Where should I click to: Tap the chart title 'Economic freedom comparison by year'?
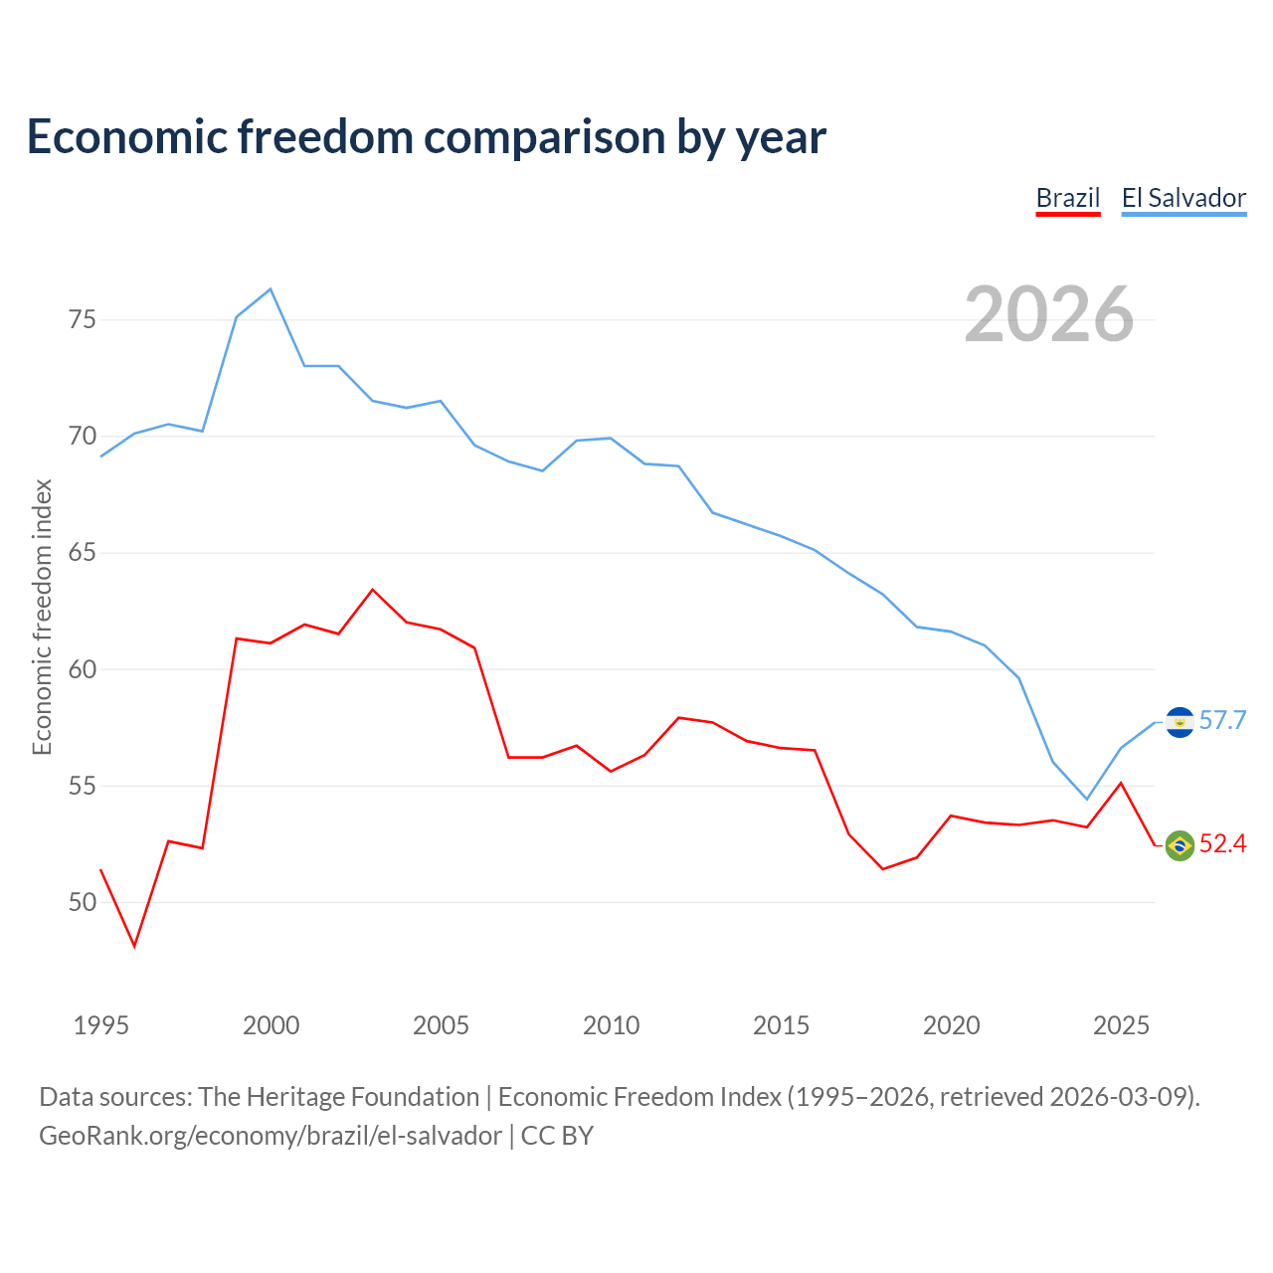coord(426,137)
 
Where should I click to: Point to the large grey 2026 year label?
coord(1049,314)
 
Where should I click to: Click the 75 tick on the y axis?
coord(83,319)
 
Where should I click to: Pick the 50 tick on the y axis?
coord(83,902)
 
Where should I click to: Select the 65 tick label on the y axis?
coord(83,552)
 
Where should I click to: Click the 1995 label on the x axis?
coord(101,1025)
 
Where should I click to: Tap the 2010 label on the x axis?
coord(611,1025)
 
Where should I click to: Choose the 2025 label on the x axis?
coord(1121,1025)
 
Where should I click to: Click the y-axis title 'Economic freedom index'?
coord(43,617)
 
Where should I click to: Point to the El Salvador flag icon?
coord(1180,722)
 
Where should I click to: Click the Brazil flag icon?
coord(1180,845)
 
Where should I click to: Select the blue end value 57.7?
coord(1223,720)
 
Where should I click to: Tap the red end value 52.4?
coord(1223,843)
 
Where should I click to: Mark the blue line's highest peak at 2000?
coord(271,288)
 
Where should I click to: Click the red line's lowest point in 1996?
coord(135,946)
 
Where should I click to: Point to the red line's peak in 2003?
coord(373,590)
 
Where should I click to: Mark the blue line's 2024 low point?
coord(1087,800)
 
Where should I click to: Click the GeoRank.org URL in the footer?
coord(271,1136)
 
